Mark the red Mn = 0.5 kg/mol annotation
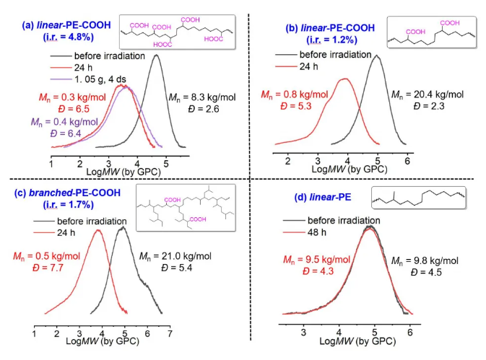pyautogui.click(x=48, y=256)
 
